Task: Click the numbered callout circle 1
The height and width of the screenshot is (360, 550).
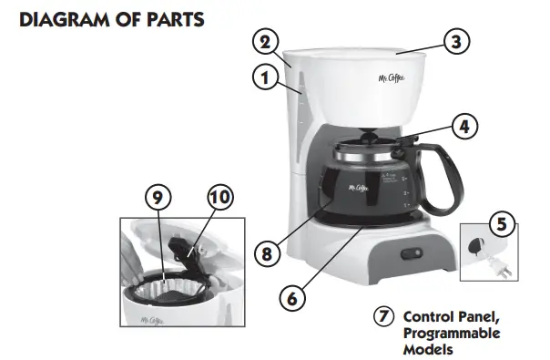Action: click(265, 79)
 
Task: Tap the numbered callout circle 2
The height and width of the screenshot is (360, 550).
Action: click(263, 42)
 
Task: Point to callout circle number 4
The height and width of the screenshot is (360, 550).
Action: click(465, 127)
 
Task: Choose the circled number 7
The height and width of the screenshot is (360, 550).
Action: click(384, 318)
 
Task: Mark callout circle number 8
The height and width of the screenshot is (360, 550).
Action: click(266, 254)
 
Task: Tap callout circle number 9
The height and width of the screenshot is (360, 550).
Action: click(157, 197)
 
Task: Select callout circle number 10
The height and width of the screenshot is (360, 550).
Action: click(219, 197)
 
